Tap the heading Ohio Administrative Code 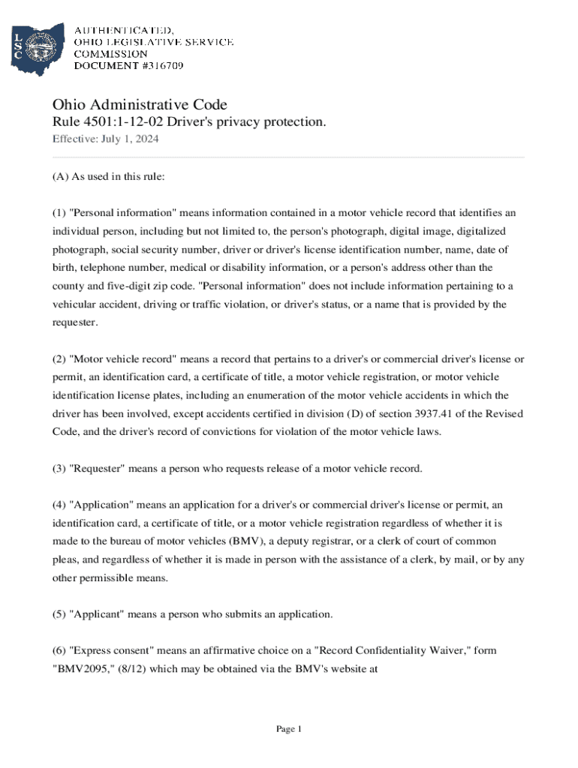139,104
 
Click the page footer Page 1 288,729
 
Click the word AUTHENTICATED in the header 123,30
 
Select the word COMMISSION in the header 110,54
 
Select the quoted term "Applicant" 97,614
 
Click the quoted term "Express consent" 111,651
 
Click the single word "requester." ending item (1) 77,322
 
